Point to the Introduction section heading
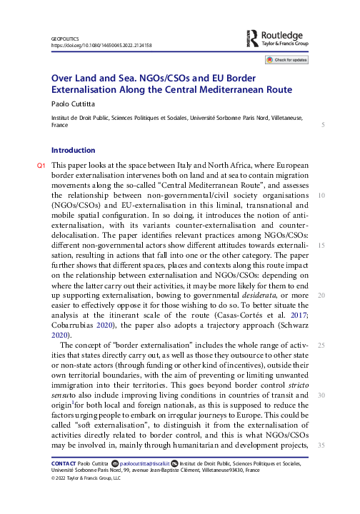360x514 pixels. [x=73, y=151]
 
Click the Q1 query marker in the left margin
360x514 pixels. [x=41, y=166]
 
